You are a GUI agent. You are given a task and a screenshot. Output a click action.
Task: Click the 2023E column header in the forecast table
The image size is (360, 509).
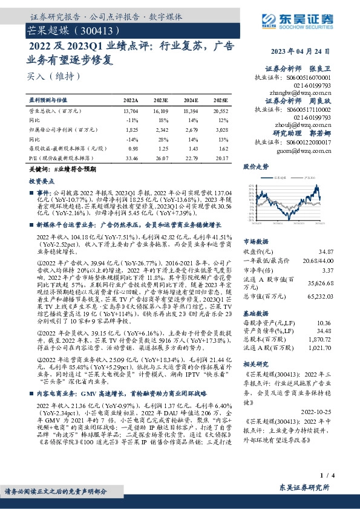point(160,99)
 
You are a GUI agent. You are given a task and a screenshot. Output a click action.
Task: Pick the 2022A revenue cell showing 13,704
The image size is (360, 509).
point(130,111)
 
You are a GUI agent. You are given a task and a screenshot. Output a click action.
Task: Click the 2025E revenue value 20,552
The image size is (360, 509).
point(219,111)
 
